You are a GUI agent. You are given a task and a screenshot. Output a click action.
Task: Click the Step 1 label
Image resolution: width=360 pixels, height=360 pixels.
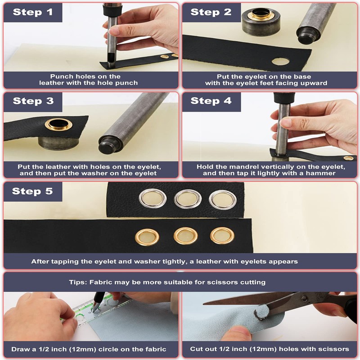[x=33, y=12]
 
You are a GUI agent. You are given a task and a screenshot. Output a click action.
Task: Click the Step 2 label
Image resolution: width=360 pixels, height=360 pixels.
[x=211, y=12]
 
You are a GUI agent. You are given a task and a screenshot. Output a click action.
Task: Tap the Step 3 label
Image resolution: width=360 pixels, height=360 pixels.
[x=33, y=101]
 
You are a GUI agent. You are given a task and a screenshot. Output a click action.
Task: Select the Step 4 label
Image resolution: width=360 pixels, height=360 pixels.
[x=211, y=101]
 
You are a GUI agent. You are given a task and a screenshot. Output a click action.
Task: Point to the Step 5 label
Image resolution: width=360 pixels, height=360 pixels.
[x=32, y=191]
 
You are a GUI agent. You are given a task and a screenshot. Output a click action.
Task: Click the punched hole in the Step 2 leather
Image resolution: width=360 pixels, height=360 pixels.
[x=280, y=61]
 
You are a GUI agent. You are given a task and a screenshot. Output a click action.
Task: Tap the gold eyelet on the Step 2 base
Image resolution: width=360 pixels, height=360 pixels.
[x=262, y=15]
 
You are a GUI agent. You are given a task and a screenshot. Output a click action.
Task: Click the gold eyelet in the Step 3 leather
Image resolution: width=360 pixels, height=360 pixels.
[x=58, y=124]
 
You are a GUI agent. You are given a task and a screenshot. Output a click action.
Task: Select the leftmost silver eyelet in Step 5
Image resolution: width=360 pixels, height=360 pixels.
[x=153, y=198]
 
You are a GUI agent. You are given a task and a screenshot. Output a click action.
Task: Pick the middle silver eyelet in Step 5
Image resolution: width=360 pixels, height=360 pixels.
[x=188, y=199]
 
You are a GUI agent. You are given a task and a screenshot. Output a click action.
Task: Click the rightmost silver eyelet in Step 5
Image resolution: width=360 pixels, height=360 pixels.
[x=223, y=200]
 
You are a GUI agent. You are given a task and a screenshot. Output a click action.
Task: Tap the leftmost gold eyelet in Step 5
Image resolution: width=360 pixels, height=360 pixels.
[x=147, y=237]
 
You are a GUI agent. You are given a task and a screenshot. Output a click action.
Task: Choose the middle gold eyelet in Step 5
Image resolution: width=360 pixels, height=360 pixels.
[x=185, y=236]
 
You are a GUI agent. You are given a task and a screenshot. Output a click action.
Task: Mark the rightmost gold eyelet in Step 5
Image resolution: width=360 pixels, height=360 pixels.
[x=222, y=235]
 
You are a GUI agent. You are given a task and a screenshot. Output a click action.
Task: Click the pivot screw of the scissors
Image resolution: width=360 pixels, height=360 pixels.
[x=304, y=299]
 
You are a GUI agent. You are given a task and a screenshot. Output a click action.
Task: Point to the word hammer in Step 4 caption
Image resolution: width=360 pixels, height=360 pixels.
[x=320, y=173]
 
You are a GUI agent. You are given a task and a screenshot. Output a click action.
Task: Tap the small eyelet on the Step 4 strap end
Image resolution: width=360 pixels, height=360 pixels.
[x=348, y=158]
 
